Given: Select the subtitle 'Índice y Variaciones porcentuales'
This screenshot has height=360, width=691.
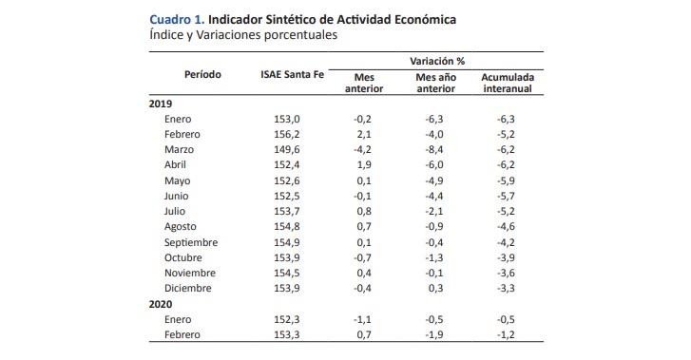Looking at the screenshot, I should [x=244, y=35].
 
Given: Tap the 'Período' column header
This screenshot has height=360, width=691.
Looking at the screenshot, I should [x=202, y=74].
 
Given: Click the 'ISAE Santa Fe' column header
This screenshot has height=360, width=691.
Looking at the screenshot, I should [x=294, y=74].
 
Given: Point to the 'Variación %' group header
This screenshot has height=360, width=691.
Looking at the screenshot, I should [x=436, y=59].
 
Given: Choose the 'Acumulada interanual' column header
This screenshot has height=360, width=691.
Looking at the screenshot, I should [x=506, y=82].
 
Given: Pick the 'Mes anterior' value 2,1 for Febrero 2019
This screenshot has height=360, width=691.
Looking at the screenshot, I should [x=367, y=134].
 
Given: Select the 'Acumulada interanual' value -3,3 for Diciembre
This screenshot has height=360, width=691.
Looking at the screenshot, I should [x=506, y=289].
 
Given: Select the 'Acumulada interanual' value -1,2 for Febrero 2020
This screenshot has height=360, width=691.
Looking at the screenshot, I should [x=506, y=335].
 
